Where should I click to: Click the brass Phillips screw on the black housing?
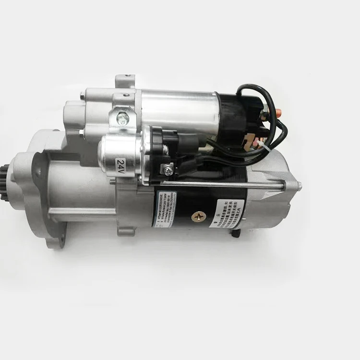point(197,216)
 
